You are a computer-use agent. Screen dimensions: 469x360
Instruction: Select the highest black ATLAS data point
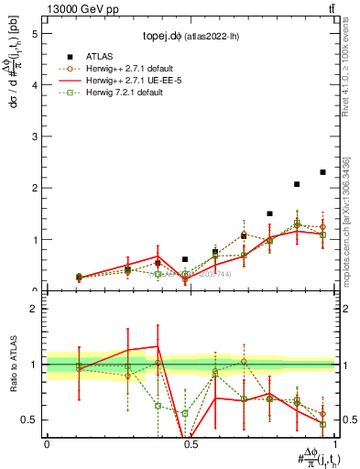[x=322, y=172]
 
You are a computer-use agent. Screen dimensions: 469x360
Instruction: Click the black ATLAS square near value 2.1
[x=297, y=184]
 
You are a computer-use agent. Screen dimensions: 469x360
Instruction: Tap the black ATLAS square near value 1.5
[x=269, y=213]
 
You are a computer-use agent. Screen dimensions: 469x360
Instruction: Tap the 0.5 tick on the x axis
[x=190, y=443]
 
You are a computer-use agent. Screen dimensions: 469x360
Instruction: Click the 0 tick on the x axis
[x=47, y=443]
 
